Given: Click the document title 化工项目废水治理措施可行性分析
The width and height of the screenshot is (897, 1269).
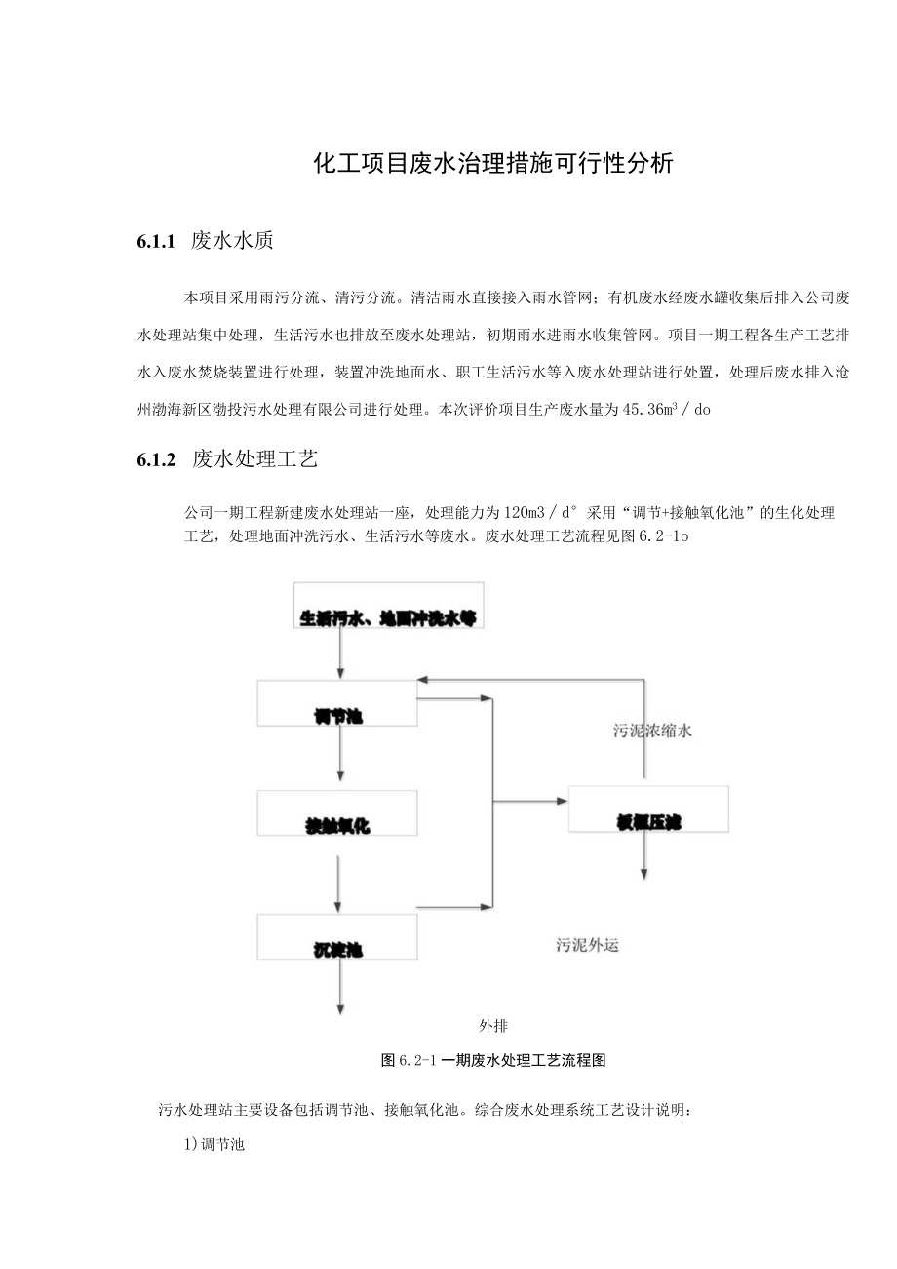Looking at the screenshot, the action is (493, 163).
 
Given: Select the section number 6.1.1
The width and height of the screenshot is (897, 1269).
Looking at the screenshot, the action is (156, 242).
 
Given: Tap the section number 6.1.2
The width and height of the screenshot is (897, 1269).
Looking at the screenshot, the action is (156, 460).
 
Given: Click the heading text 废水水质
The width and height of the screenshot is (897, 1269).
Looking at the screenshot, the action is (232, 242).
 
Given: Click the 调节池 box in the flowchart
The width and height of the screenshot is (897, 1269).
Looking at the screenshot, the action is (337, 703).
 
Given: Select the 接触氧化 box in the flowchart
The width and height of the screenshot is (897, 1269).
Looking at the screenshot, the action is (337, 813).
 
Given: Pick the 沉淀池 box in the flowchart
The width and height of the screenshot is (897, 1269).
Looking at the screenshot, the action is (337, 936).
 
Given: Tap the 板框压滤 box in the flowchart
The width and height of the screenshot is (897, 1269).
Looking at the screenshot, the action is (647, 809).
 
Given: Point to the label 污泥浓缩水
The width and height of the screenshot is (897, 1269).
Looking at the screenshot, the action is (652, 731).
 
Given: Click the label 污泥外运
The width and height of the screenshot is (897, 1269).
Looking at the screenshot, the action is (588, 944).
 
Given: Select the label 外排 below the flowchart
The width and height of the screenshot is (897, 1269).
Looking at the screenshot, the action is (493, 1026).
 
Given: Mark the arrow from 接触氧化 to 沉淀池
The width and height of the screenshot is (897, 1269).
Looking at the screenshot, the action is (338, 882).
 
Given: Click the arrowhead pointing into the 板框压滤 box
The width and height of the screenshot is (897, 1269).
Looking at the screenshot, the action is (562, 802).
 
